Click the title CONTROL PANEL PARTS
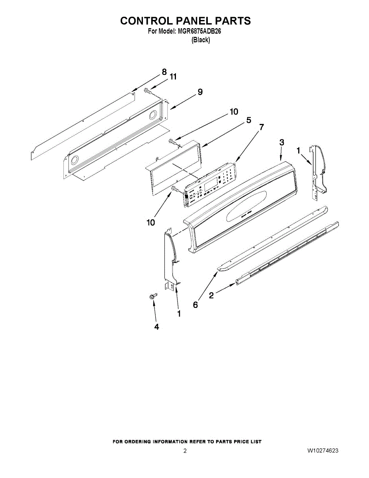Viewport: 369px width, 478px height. (x=185, y=21)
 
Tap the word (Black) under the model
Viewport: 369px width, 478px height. (x=201, y=40)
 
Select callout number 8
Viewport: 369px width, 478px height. (x=164, y=72)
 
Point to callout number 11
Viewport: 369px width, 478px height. (x=173, y=77)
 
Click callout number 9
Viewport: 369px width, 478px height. (x=200, y=92)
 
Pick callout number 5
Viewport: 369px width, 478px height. (x=248, y=120)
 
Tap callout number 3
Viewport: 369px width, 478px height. (x=281, y=142)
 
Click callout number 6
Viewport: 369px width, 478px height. (x=195, y=305)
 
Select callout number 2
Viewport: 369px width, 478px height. (x=211, y=295)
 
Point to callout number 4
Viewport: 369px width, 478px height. (x=156, y=327)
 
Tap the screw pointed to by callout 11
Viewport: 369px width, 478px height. (x=147, y=91)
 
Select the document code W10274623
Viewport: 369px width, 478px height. (x=323, y=451)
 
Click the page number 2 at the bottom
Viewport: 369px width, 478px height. (x=185, y=451)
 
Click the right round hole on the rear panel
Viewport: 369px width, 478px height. (x=152, y=116)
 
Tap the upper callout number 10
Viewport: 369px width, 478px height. (x=233, y=112)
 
